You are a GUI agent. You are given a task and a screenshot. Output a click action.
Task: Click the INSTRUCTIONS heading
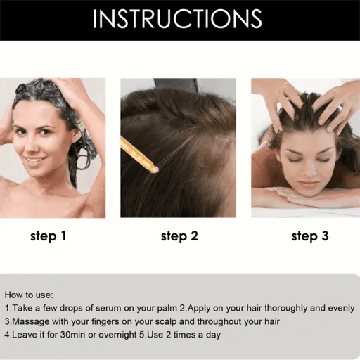coord(177,19)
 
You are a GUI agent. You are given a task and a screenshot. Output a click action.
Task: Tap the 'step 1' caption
coord(49,236)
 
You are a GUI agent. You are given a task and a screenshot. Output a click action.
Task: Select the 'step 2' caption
coord(179,236)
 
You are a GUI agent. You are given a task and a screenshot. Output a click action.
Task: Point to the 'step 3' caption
coord(310,236)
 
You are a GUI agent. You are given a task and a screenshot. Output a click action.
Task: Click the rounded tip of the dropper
coord(155,169)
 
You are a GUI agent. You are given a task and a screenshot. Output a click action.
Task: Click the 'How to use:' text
coord(29,295)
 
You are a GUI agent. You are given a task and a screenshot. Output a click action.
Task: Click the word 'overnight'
coord(117,335)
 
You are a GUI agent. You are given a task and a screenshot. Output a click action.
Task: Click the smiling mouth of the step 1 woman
coord(36,160)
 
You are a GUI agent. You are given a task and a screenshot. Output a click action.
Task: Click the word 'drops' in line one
coord(71,308)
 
